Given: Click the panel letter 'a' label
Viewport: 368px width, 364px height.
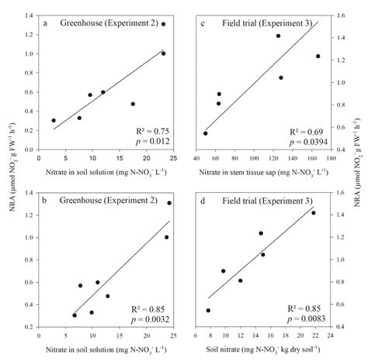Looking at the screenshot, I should (x=47, y=23).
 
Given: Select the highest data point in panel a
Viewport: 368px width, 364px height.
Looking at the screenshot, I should (x=163, y=25).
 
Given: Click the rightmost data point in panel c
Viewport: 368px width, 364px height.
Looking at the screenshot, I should (x=318, y=56).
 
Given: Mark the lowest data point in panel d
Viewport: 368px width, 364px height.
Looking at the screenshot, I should (x=208, y=310).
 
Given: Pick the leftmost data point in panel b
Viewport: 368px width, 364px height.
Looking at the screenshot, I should (x=75, y=315).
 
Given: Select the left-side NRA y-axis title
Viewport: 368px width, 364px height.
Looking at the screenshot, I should (x=9, y=182).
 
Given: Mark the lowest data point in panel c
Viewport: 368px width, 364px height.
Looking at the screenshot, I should (x=205, y=133).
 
